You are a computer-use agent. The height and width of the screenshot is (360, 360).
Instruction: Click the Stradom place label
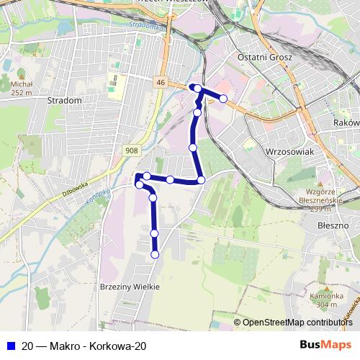(x=63, y=101)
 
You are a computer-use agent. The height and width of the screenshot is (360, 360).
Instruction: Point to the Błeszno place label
(x=333, y=225)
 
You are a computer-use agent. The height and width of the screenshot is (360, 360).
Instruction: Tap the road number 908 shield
(x=131, y=150)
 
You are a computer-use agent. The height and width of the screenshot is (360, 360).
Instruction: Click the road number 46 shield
(x=160, y=84)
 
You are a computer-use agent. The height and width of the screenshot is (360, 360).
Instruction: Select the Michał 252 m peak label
(x=22, y=89)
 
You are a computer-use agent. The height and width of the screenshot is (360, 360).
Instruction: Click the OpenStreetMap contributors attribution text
(x=297, y=323)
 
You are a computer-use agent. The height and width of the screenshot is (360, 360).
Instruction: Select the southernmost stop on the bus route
(x=154, y=253)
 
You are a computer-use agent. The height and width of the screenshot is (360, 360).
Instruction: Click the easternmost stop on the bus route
(x=223, y=98)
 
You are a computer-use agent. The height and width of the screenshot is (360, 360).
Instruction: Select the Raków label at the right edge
(x=347, y=123)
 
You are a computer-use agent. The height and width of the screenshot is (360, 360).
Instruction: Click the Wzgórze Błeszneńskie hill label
(x=317, y=198)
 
